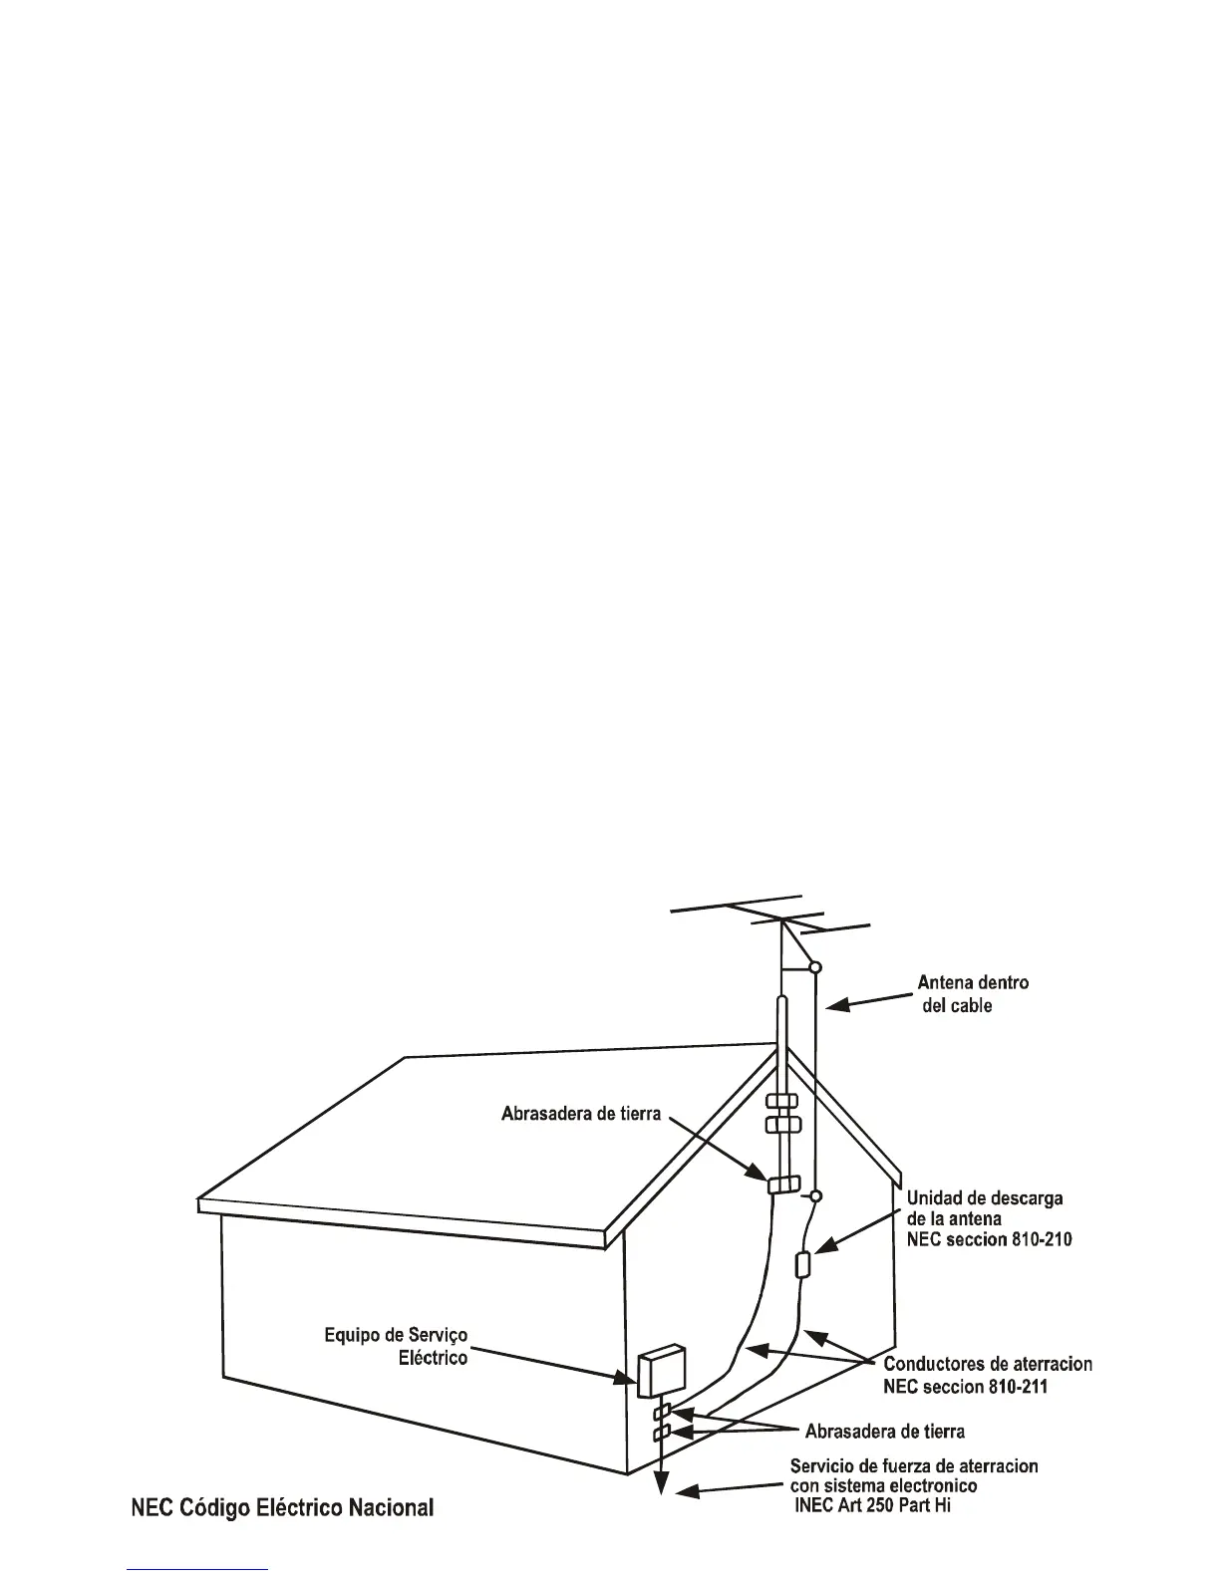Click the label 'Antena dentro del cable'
click(x=972, y=994)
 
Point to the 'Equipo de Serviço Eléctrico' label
click(x=396, y=1346)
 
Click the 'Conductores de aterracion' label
click(x=988, y=1364)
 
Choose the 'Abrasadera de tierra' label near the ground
click(x=884, y=1433)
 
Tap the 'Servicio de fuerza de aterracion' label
click(x=913, y=1466)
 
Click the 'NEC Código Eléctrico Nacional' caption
click(x=282, y=1508)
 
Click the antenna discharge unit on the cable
click(x=802, y=1266)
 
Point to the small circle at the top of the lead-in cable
click(x=815, y=966)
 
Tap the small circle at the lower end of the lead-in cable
click(x=815, y=1195)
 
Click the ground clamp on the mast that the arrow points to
click(x=782, y=1184)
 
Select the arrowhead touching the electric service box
click(x=627, y=1380)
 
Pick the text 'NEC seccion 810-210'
click(x=989, y=1240)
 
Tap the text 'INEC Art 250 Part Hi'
click(x=871, y=1507)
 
